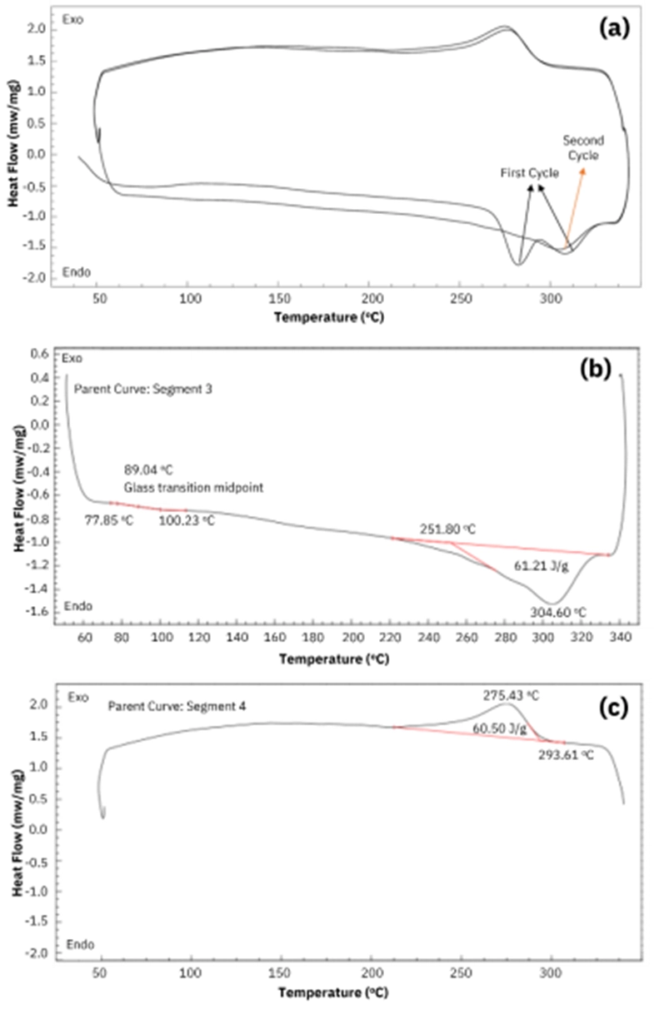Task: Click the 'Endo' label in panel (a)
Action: (76, 272)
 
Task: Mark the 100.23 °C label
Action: (188, 521)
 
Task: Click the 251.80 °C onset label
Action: (450, 529)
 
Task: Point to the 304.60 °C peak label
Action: (558, 613)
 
